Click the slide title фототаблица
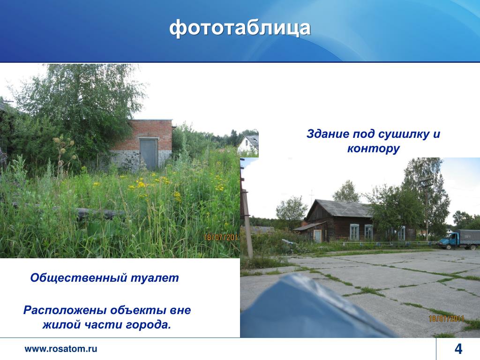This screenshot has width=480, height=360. point(240,28)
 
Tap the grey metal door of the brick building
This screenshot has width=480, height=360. point(149,154)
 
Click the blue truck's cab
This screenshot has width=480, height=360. point(446,241)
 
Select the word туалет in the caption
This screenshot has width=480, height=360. point(155,277)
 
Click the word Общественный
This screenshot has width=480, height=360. point(79,278)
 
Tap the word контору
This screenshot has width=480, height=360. point(374,149)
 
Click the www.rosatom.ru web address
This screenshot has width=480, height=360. point(60,349)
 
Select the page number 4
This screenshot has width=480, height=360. point(458,349)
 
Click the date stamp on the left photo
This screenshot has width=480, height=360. point(222,237)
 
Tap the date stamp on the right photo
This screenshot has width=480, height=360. point(446,319)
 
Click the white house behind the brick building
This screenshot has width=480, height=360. point(248,143)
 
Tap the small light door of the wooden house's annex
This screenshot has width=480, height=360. point(317,236)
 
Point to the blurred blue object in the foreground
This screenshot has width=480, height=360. point(309,309)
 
